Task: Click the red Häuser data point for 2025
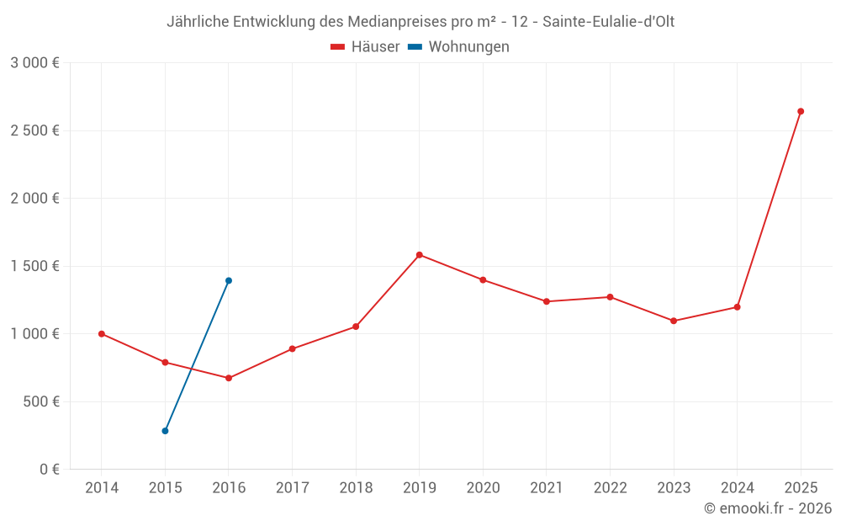click(x=801, y=111)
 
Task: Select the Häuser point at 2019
click(x=419, y=255)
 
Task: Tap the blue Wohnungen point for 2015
click(x=165, y=431)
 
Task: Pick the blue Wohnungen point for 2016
click(x=229, y=281)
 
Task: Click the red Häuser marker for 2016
click(x=229, y=378)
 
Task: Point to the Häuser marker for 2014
click(x=102, y=334)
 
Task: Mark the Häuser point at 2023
click(x=674, y=321)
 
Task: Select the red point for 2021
click(x=547, y=301)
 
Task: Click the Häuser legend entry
click(x=365, y=47)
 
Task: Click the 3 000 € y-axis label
click(x=34, y=63)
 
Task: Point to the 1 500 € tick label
click(x=34, y=266)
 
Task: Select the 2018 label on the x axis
click(x=356, y=488)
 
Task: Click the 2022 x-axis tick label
click(x=610, y=488)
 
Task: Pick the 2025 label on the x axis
click(x=801, y=488)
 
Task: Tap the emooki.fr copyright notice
click(x=768, y=508)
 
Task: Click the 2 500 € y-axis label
click(x=34, y=130)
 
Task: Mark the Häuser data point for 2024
click(x=737, y=307)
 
